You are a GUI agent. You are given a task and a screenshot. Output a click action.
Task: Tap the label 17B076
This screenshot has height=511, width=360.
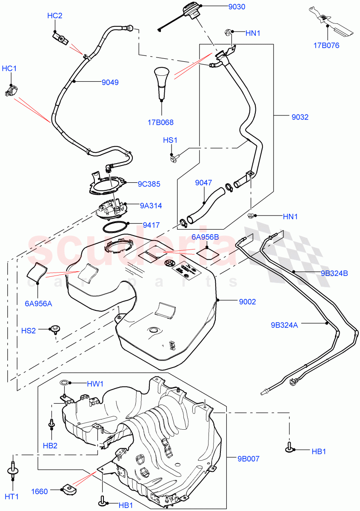pos(327,45)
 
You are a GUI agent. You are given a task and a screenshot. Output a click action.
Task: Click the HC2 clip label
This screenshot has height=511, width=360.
pos(54,16)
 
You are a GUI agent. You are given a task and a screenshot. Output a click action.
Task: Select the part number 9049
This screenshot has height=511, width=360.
pos(110,83)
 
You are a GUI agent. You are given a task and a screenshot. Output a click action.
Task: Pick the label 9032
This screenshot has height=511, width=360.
pos(300,117)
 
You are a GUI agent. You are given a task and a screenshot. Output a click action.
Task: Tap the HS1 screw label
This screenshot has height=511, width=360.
pos(171,140)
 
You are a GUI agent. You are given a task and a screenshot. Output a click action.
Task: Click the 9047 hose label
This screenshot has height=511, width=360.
pos(203,183)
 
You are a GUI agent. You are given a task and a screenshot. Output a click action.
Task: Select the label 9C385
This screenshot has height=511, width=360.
pos(149,184)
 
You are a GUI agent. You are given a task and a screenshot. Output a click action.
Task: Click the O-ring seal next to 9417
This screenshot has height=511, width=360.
pos(115,226)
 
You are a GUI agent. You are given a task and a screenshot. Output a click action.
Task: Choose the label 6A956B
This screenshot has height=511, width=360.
pos(205,237)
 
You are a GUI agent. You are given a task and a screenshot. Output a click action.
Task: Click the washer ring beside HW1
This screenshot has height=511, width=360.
pos(65,383)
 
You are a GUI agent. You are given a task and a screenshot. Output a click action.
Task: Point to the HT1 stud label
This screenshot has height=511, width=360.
pos(12,496)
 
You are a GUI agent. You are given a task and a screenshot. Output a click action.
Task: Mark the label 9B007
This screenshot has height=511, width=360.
pos(249,459)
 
